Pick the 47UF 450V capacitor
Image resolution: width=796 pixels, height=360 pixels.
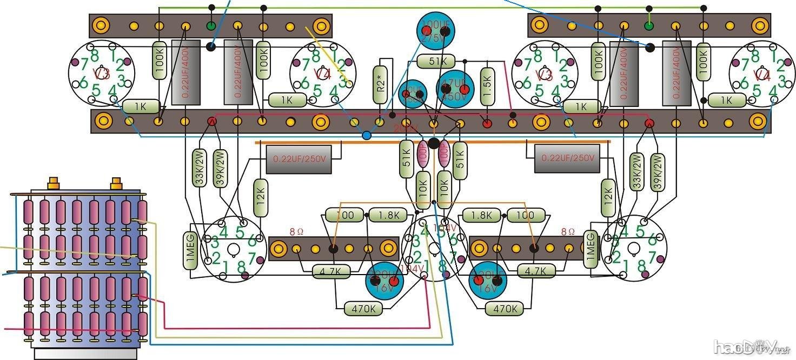[455, 89]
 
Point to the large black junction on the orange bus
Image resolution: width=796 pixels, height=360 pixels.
[433, 143]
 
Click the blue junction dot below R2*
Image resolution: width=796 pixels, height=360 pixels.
[367, 135]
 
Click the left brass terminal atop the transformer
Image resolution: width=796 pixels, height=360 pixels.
[53, 183]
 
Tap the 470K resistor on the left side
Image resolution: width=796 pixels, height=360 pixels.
[363, 309]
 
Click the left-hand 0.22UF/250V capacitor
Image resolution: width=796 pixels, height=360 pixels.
[298, 159]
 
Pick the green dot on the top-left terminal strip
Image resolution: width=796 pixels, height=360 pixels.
[211, 25]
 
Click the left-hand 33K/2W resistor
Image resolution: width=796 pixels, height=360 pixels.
[200, 168]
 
